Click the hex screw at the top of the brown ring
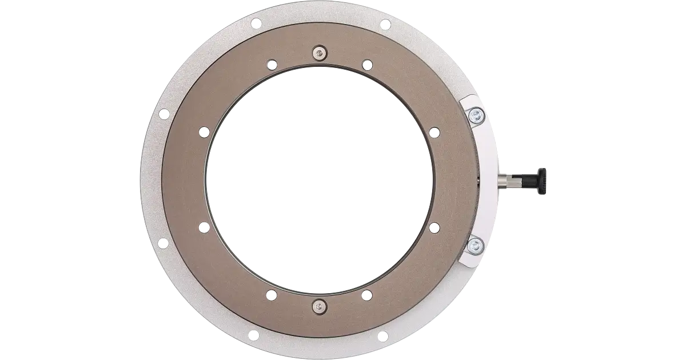pos(318,54)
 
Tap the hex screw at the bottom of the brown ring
pos(318,306)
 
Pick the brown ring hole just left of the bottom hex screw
pos(272,295)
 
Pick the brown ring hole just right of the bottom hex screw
pos(365,295)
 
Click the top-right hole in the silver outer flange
pos(385,23)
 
